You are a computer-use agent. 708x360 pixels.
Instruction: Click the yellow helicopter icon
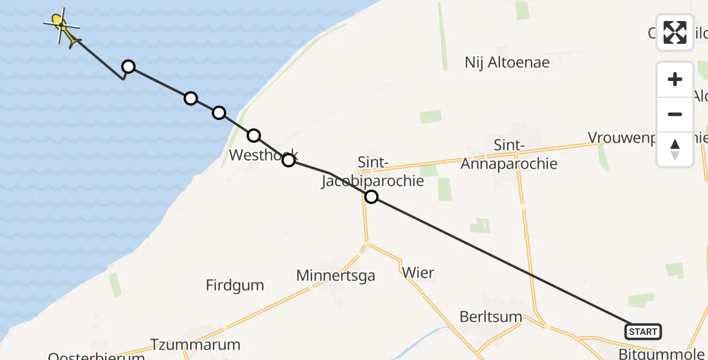click(x=62, y=25)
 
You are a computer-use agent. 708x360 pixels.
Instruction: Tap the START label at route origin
click(x=643, y=331)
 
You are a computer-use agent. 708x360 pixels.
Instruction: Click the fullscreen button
click(x=675, y=32)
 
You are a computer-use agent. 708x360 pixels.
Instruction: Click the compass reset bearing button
click(x=675, y=149)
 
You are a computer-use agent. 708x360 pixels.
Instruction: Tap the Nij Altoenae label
click(x=507, y=62)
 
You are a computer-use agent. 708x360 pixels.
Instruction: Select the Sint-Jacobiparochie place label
click(x=372, y=172)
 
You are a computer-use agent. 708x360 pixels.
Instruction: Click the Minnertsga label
click(x=335, y=275)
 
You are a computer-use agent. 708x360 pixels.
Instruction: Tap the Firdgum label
click(x=235, y=285)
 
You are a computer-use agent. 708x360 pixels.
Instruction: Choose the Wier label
click(x=418, y=272)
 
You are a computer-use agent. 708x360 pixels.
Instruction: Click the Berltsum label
click(x=490, y=317)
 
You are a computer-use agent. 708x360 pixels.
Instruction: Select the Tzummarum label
click(x=195, y=345)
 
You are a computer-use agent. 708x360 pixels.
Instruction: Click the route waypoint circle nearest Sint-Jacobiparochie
click(x=371, y=197)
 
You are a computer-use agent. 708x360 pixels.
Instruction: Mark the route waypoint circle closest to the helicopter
click(x=128, y=67)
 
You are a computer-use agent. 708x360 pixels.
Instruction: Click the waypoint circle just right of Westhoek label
click(x=289, y=160)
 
